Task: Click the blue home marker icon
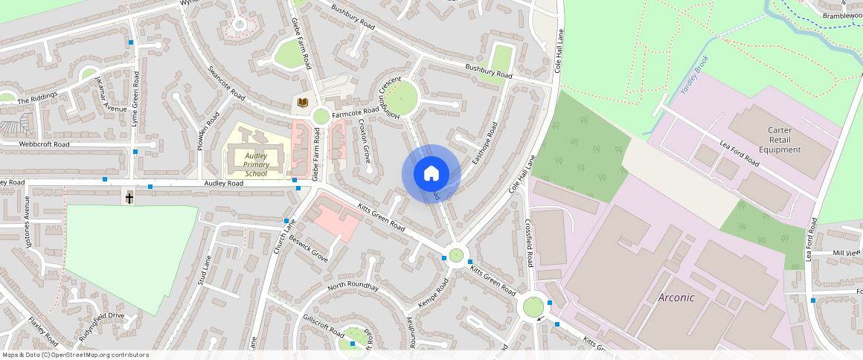431,174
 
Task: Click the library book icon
301,103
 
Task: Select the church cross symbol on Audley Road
129,197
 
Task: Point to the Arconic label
676,298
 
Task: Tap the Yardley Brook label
696,78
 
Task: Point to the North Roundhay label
353,287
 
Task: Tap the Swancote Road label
226,83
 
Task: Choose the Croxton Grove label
365,143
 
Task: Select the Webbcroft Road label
44,144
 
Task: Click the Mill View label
847,253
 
